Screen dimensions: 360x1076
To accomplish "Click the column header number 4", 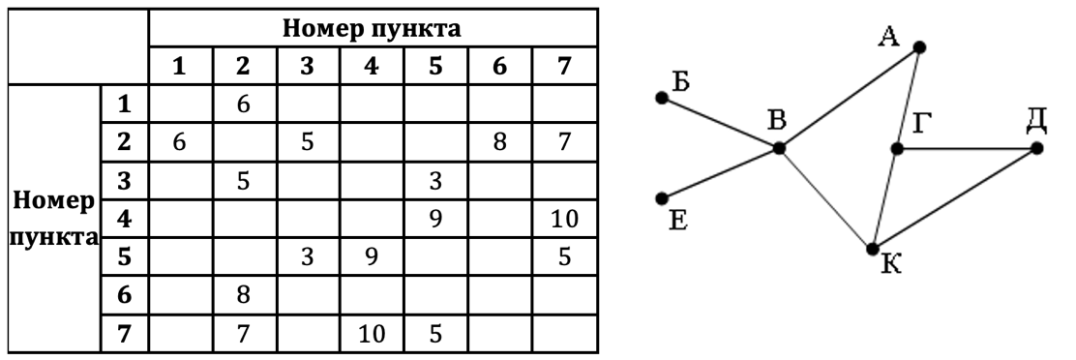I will click(372, 67).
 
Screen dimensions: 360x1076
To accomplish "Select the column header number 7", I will click(563, 67).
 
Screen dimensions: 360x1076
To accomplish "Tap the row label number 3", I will click(123, 181).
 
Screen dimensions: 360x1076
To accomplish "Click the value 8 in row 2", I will click(499, 142).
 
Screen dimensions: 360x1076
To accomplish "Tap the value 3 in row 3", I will click(435, 181).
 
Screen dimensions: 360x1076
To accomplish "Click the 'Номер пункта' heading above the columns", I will click(372, 28).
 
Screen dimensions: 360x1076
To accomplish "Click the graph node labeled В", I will click(779, 148).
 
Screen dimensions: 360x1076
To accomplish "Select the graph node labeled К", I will click(873, 249).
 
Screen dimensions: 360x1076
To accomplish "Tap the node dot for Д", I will click(1036, 148).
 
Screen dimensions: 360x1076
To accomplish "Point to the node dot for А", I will click(919, 46).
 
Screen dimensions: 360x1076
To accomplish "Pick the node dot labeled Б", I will click(662, 97).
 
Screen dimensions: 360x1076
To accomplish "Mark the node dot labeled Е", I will click(662, 198).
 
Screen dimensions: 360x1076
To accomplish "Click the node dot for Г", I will click(897, 148).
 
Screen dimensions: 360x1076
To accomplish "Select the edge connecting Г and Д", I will click(967, 148).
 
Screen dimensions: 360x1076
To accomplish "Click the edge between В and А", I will click(849, 98).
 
